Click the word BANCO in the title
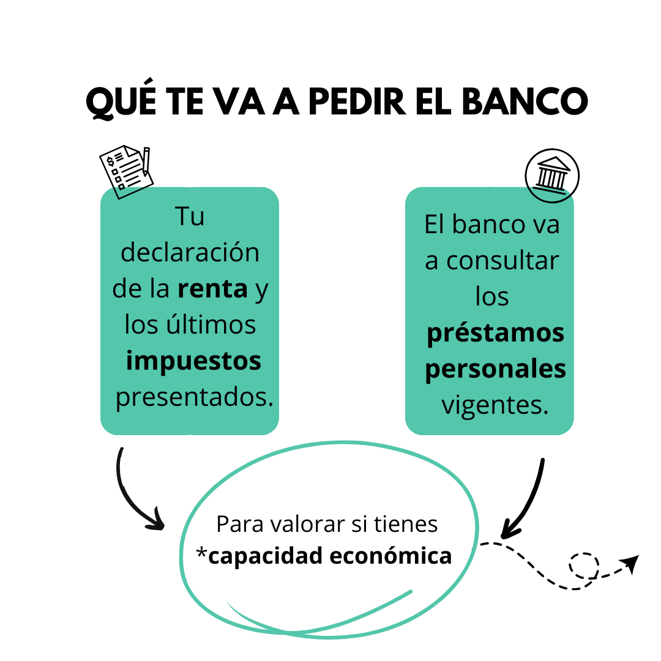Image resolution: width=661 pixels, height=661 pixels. tap(523, 102)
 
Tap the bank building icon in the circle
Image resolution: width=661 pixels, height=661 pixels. tap(552, 175)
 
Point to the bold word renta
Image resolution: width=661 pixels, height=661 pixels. tap(212, 289)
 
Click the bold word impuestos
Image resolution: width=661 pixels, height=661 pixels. tap(193, 361)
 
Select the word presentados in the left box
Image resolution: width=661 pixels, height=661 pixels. tap(193, 398)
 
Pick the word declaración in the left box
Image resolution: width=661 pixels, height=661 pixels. tap(190, 253)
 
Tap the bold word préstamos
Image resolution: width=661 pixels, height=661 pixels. tap(495, 334)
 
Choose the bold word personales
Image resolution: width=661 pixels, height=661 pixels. tap(495, 370)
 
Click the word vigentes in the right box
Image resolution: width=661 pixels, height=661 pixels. tap(495, 405)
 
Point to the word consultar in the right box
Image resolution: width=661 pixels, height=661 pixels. tap(502, 261)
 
